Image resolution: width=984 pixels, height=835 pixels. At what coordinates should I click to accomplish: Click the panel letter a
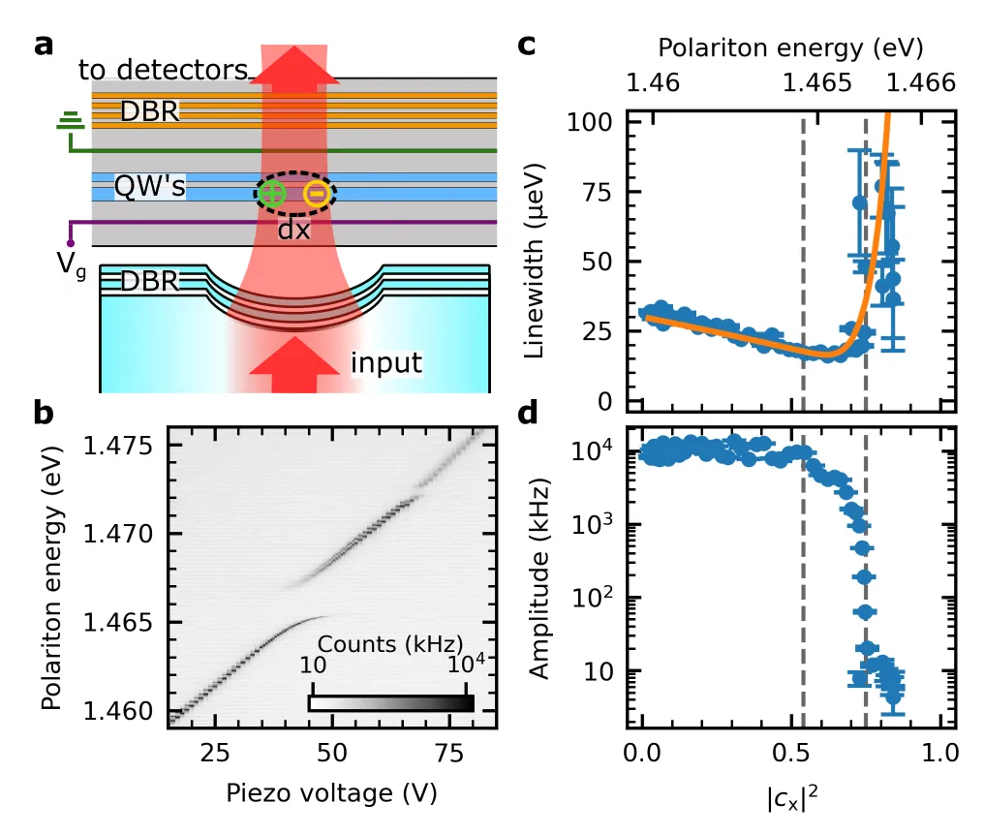(x=44, y=46)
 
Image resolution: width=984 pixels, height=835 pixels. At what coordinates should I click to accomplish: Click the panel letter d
(x=528, y=416)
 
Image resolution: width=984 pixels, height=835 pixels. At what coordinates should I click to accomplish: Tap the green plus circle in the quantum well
(x=272, y=194)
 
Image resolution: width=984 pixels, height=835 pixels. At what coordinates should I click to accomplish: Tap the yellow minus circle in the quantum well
(x=316, y=194)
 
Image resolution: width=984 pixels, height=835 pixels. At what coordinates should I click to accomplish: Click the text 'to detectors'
(x=164, y=70)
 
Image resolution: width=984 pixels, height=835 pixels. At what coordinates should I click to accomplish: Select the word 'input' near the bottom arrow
(x=386, y=363)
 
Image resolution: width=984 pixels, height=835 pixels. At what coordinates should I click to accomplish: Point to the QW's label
(x=149, y=186)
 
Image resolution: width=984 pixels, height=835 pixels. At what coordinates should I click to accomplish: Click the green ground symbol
(x=69, y=121)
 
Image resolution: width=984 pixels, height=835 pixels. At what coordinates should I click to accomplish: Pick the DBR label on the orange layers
(x=149, y=112)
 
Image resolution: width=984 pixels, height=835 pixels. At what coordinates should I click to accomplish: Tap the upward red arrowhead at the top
(x=294, y=66)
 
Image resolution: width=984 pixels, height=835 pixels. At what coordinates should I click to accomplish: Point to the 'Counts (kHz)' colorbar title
(x=390, y=644)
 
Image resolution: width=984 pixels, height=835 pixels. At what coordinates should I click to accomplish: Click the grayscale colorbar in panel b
(x=390, y=703)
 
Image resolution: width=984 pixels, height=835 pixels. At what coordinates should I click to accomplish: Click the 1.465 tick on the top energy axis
(x=804, y=83)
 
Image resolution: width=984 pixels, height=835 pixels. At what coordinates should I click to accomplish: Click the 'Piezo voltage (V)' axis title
(x=332, y=792)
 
